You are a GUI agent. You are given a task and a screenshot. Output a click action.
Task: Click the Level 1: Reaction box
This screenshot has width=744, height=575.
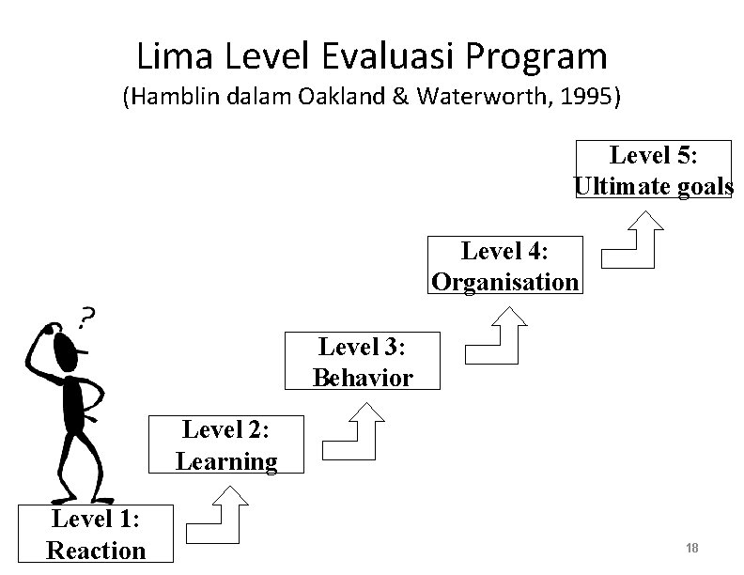tap(96, 533)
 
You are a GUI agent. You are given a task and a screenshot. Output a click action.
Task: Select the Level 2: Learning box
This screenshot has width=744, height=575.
tap(225, 445)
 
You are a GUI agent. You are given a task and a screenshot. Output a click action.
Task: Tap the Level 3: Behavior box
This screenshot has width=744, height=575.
tap(363, 362)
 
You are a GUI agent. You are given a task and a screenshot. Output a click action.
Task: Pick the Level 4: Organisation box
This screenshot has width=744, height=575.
tap(504, 266)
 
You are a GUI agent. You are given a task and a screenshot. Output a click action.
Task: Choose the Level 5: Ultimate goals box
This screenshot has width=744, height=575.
tap(654, 170)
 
